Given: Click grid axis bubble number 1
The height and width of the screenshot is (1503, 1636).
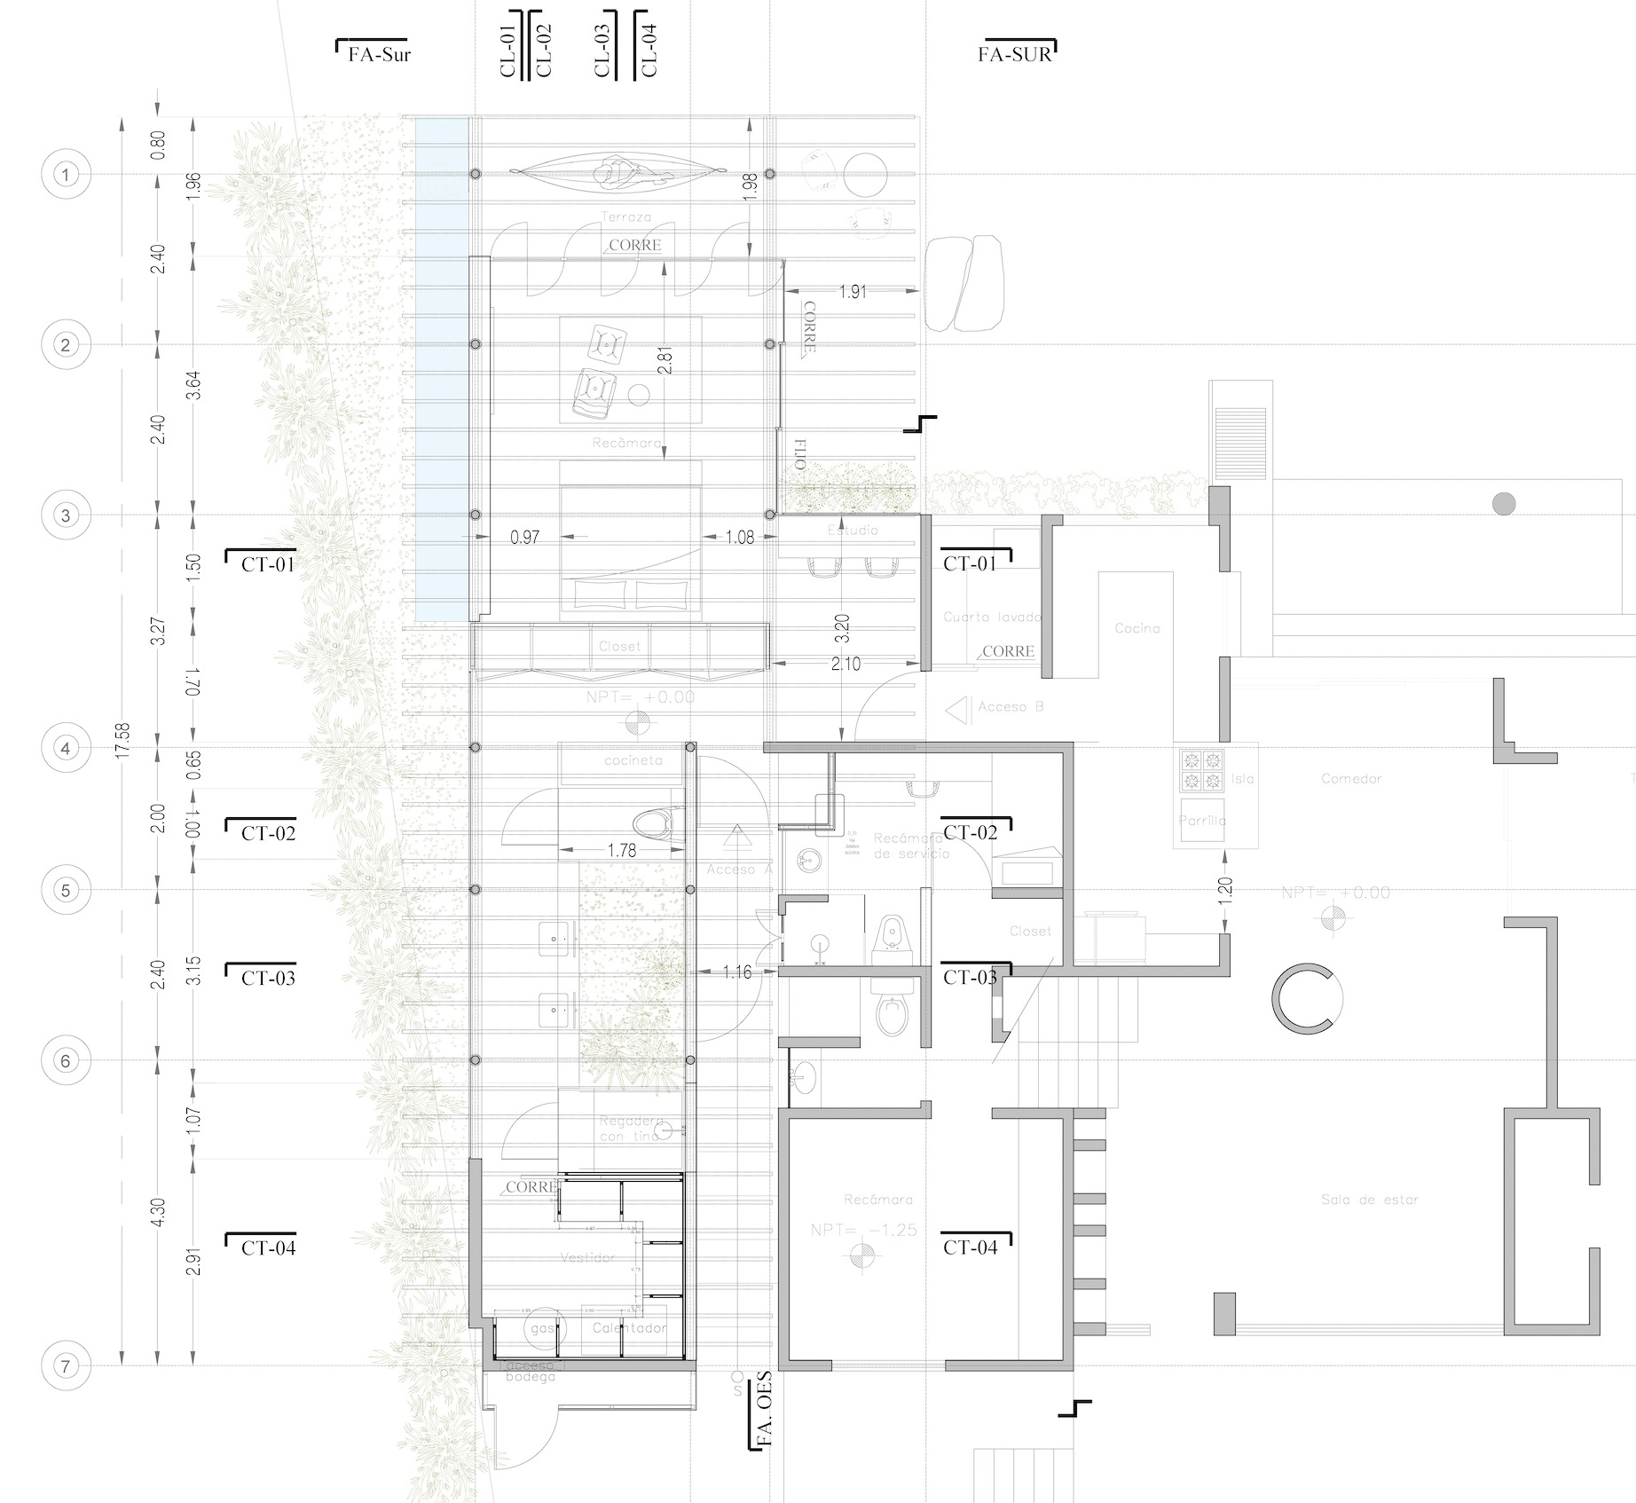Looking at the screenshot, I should coord(66,175).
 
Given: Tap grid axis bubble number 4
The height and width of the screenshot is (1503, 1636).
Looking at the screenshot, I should coord(66,748).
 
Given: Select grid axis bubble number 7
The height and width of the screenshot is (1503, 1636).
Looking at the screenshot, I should coord(66,1365).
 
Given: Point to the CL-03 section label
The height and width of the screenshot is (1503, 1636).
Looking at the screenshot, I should coord(603,50).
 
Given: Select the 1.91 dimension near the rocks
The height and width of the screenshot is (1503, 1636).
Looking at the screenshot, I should coord(853,292).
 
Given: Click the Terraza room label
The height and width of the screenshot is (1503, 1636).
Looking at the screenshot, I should coord(625,216).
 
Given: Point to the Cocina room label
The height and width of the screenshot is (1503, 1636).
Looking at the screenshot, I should coord(1137,628).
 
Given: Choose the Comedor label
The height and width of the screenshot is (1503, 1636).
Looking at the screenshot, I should coord(1351,778).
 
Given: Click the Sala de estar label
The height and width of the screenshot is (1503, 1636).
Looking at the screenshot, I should coord(1369,1200).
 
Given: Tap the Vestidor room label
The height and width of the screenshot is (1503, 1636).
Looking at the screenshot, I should coord(587,1256).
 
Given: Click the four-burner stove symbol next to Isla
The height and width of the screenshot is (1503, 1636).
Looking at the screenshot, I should coord(1200,770).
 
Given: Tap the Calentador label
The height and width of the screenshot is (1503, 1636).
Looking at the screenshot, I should coord(629,1328).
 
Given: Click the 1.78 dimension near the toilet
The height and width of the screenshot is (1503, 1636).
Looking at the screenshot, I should coord(621,850).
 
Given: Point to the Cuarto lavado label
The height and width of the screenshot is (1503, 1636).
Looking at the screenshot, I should coord(992,617).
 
